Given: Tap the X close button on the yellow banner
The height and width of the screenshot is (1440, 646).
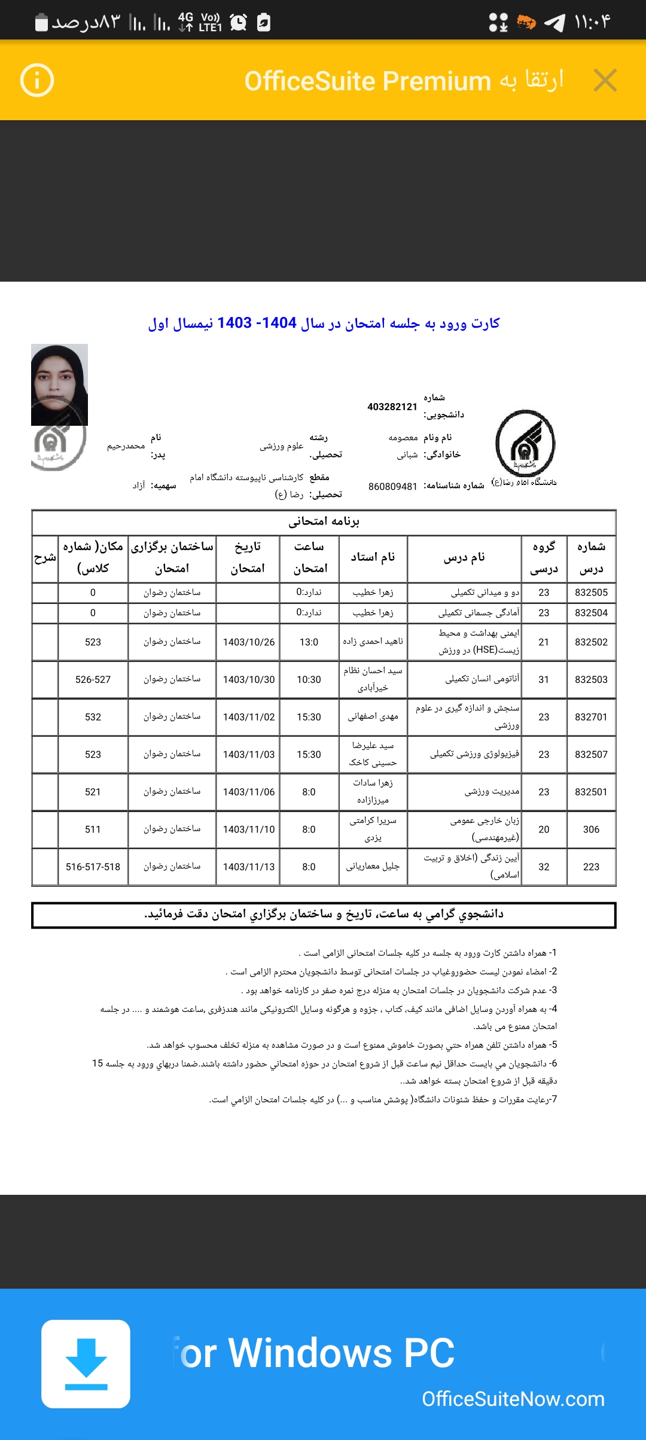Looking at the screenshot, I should pyautogui.click(x=605, y=80).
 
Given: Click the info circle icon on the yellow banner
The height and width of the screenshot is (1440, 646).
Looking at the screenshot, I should pyautogui.click(x=37, y=80).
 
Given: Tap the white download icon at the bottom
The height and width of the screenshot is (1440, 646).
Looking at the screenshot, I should pyautogui.click(x=86, y=1363).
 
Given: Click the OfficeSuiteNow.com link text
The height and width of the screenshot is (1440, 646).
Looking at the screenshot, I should pyautogui.click(x=513, y=1399).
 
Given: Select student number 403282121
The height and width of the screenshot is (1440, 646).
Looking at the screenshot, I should pyautogui.click(x=392, y=407).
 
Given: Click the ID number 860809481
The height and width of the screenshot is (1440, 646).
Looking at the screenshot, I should pyautogui.click(x=392, y=487).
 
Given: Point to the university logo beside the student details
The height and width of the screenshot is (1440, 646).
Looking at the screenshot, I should pyautogui.click(x=525, y=443).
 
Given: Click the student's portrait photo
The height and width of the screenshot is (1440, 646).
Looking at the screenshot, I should pyautogui.click(x=59, y=384).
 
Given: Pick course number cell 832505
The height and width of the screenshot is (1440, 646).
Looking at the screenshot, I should pyautogui.click(x=591, y=593).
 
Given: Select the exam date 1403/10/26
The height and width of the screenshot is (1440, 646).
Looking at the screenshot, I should pyautogui.click(x=248, y=642).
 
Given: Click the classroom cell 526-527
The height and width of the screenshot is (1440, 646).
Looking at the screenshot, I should pyautogui.click(x=93, y=680).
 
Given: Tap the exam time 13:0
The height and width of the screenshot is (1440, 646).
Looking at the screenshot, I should pyautogui.click(x=309, y=642).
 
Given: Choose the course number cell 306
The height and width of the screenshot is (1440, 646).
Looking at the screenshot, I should pyautogui.click(x=591, y=829).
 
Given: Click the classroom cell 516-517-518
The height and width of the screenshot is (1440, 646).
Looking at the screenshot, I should pyautogui.click(x=93, y=867).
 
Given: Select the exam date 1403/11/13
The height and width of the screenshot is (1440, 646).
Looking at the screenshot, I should pyautogui.click(x=248, y=867).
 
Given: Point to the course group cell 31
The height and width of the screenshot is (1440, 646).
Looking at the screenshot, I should pyautogui.click(x=544, y=680).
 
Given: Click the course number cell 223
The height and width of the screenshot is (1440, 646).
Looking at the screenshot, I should pyautogui.click(x=591, y=867).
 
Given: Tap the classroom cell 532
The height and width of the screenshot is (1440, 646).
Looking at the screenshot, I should pyautogui.click(x=93, y=717).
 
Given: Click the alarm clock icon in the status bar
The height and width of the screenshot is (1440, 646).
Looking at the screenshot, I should pyautogui.click(x=238, y=23).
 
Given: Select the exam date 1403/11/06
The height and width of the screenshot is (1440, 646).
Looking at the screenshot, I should pyautogui.click(x=248, y=792).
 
